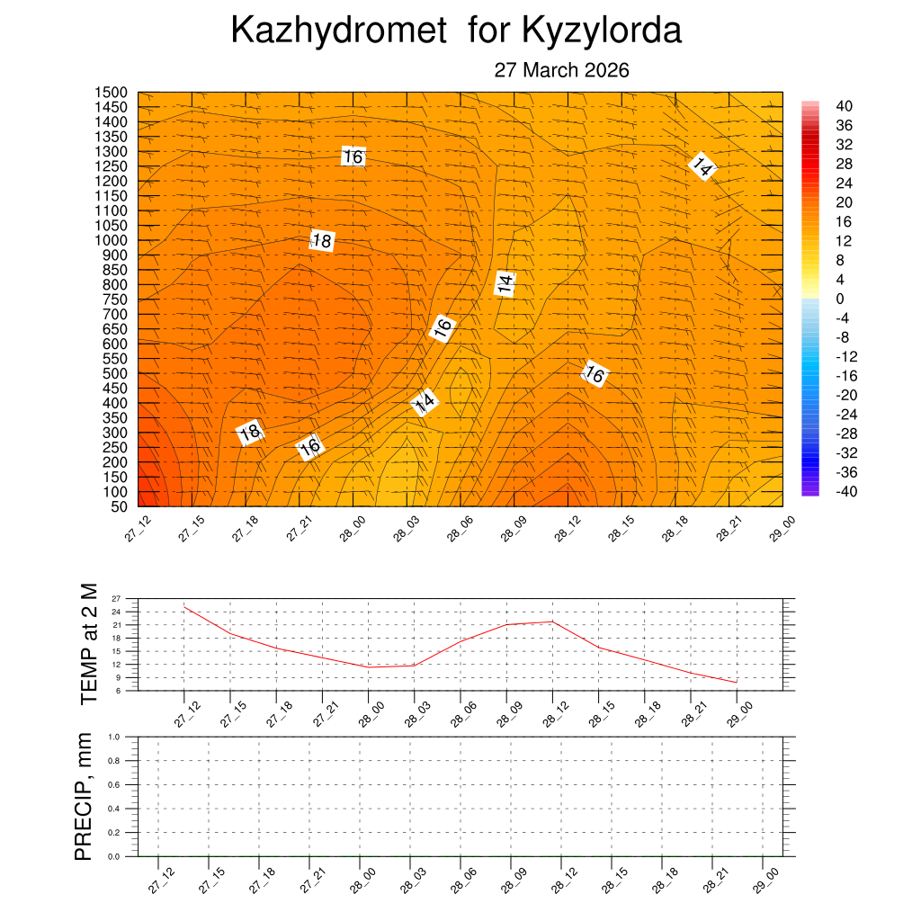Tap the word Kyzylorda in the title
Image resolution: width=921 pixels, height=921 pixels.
(x=601, y=31)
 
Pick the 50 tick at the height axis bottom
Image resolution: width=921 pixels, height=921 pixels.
(x=119, y=506)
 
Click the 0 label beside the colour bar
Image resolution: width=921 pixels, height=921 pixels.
(x=840, y=299)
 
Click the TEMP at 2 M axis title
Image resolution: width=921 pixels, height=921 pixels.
(x=88, y=643)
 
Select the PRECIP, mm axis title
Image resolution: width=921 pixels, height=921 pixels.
(x=84, y=796)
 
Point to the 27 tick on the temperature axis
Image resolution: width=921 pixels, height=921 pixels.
(x=116, y=598)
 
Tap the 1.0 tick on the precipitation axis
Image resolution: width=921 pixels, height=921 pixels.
(x=114, y=737)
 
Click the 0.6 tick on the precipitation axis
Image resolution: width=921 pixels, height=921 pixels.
(x=114, y=785)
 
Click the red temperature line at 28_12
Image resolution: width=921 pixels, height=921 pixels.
(x=552, y=621)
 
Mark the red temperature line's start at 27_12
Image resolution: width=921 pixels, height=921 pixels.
(x=184, y=606)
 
